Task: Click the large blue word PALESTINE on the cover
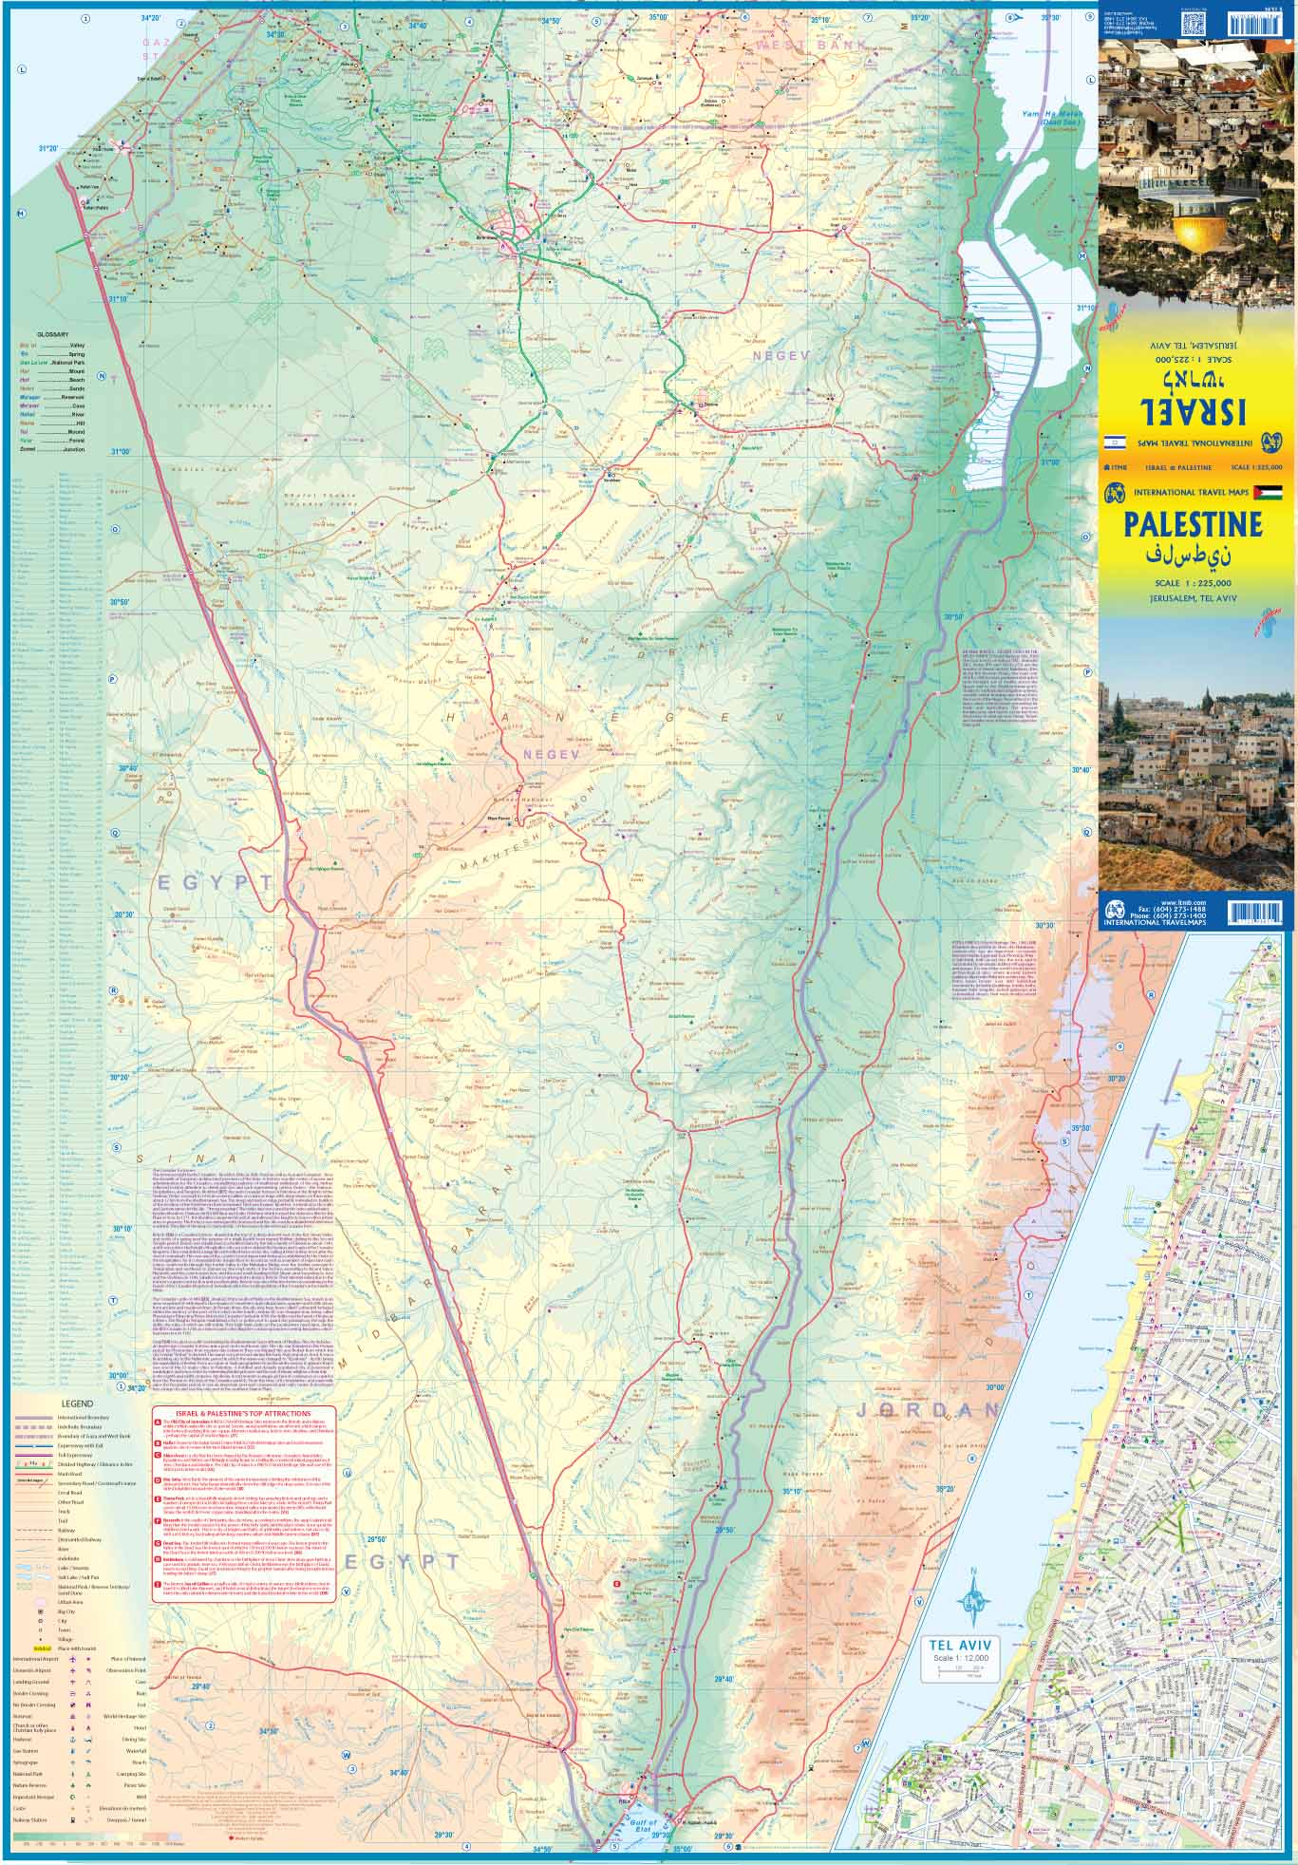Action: pos(1193,525)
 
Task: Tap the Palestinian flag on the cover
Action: pos(1268,492)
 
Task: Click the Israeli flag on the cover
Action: pos(1116,443)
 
